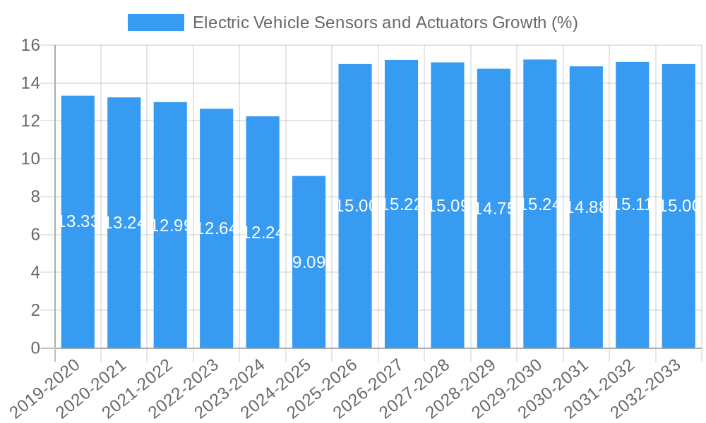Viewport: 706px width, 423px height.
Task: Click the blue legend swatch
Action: click(x=155, y=23)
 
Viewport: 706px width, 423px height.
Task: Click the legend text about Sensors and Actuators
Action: click(x=385, y=23)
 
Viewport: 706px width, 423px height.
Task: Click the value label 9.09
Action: click(x=309, y=262)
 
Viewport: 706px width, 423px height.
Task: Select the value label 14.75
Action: click(x=493, y=209)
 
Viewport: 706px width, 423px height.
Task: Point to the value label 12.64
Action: click(x=216, y=228)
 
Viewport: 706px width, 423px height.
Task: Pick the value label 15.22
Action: click(x=401, y=204)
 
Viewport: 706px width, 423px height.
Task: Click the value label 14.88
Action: click(x=586, y=207)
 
